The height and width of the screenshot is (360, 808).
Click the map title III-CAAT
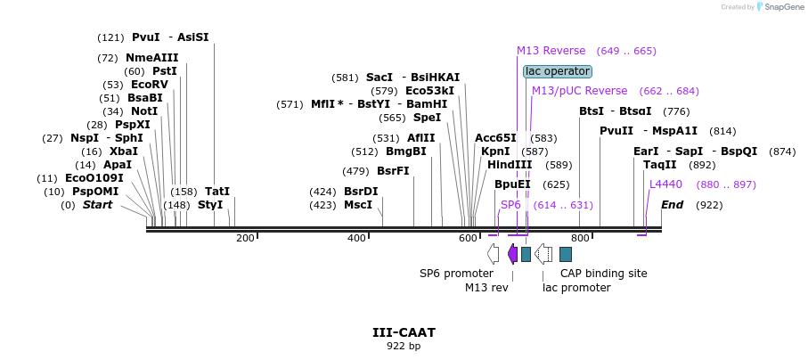pos(404,332)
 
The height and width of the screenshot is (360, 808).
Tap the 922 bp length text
pos(404,346)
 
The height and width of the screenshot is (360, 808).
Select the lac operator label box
pos(557,71)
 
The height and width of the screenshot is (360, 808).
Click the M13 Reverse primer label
pos(551,51)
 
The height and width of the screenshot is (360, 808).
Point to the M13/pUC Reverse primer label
pos(579,91)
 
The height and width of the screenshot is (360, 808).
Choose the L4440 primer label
pos(665,184)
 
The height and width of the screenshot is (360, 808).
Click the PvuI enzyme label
pos(145,37)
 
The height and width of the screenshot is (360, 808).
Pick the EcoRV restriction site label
pos(149,85)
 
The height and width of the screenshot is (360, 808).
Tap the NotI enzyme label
pos(143,111)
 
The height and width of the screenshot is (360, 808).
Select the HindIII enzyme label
pos(509,165)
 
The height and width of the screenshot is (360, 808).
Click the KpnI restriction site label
pos(495,151)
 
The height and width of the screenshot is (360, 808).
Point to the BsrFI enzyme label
pos(393,171)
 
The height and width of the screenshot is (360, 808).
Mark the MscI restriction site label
pos(358,205)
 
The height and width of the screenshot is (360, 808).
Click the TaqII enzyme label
pos(659,165)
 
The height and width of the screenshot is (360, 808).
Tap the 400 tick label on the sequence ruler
pos(357,238)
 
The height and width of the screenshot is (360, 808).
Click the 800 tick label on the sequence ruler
pos(580,238)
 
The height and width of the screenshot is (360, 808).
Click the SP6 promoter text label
pos(456,274)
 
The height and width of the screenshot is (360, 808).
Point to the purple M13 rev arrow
pos(512,255)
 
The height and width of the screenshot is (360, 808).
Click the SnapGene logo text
pos(781,7)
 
